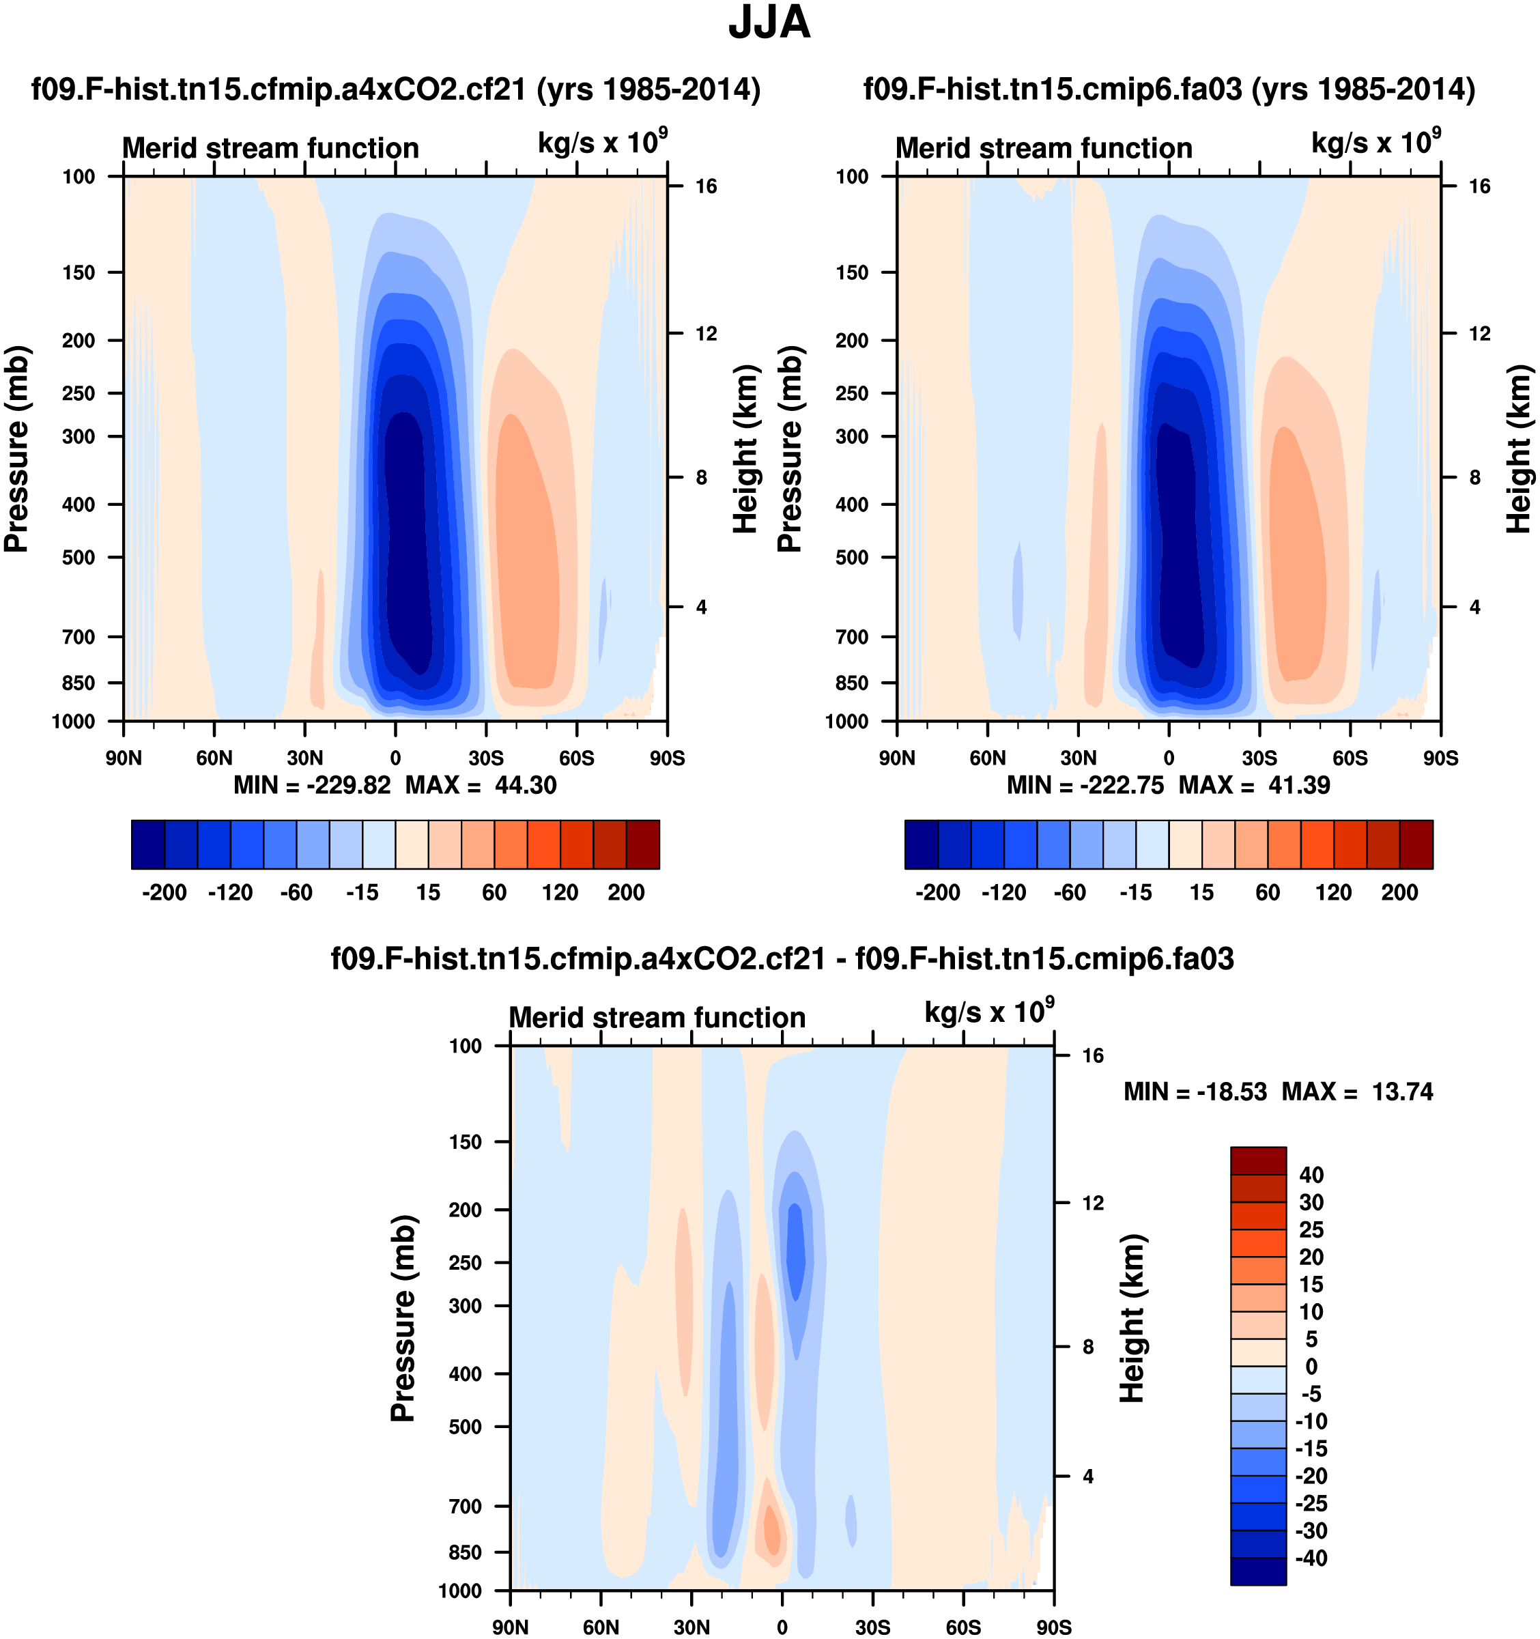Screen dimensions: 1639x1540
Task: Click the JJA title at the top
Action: pyautogui.click(x=769, y=23)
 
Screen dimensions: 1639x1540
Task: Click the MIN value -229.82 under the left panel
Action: pyautogui.click(x=348, y=785)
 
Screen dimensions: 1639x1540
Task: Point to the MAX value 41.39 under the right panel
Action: pyautogui.click(x=1298, y=785)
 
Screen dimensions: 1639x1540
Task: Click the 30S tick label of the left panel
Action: pyautogui.click(x=485, y=758)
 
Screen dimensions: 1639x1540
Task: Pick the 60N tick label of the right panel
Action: pyautogui.click(x=988, y=758)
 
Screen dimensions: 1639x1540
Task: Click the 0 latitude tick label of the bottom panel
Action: pyautogui.click(x=782, y=1627)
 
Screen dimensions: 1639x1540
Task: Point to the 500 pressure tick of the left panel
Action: pyautogui.click(x=79, y=557)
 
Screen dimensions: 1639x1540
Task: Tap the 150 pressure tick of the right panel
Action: pyautogui.click(x=853, y=273)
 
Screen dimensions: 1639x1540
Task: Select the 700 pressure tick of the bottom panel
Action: pyautogui.click(x=465, y=1507)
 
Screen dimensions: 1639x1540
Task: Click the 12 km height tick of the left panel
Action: pyautogui.click(x=706, y=334)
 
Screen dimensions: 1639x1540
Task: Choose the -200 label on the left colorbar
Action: pyautogui.click(x=164, y=892)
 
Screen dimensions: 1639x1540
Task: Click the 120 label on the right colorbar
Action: pyautogui.click(x=1333, y=892)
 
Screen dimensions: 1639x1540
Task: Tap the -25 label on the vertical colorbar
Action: pyautogui.click(x=1311, y=1503)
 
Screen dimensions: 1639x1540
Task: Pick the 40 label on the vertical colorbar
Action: pyautogui.click(x=1311, y=1175)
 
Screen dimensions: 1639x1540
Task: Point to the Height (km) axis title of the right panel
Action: pyautogui.click(x=1519, y=449)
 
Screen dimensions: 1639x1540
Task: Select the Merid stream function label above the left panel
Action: pyautogui.click(x=270, y=148)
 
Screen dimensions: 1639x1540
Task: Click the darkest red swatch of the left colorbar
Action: pyautogui.click(x=642, y=844)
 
